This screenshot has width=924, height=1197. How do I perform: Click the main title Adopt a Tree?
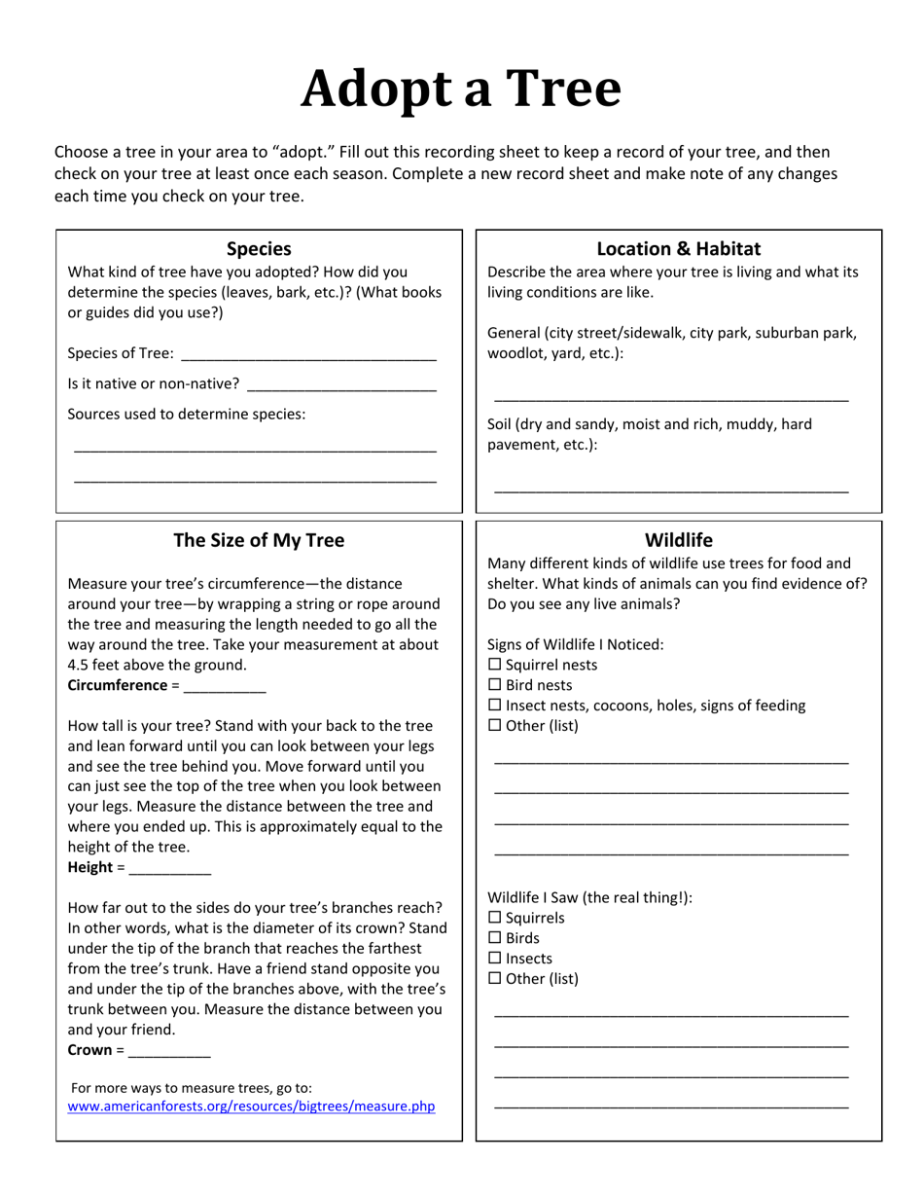coord(461,89)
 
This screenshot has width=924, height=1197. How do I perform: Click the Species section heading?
coord(259,248)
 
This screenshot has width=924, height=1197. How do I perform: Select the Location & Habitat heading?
coord(678,248)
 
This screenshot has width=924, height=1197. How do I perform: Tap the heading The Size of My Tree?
coord(259,540)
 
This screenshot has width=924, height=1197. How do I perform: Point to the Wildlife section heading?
coord(678,540)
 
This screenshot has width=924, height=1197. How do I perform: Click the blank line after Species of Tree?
coord(308,354)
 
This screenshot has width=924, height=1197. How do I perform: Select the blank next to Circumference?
coord(224,686)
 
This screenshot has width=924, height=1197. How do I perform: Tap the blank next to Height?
coord(169,868)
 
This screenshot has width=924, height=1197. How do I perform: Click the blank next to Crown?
coord(169,1051)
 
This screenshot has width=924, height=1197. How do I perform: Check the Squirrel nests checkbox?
coord(494,665)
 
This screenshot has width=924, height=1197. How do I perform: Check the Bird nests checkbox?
coord(494,685)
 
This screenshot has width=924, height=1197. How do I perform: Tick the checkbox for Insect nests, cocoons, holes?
coord(494,706)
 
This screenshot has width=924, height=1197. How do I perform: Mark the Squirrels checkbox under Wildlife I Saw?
coord(494,918)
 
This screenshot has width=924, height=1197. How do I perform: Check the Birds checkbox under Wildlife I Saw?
coord(494,938)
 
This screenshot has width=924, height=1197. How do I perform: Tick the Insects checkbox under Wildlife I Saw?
coord(494,959)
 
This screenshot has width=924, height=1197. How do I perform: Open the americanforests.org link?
coord(251,1106)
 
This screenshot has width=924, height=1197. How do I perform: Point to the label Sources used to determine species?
coord(186,414)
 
